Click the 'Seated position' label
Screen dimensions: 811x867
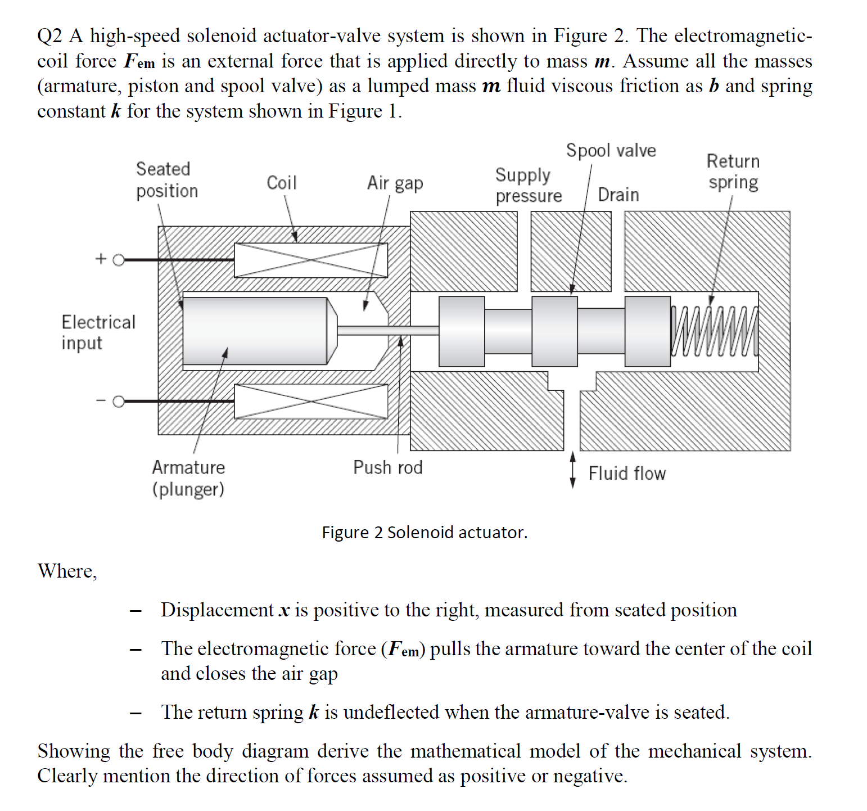(166, 180)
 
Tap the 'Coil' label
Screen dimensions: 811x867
(281, 183)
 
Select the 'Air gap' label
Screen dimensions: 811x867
(395, 183)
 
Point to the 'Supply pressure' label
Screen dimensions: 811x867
(528, 185)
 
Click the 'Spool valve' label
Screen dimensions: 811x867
(611, 151)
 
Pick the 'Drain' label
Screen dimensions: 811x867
(618, 195)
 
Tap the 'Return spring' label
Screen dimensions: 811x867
(733, 172)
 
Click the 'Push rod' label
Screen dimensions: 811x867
(387, 467)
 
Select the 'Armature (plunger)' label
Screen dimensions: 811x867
(188, 478)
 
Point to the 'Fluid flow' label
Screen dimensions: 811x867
(627, 474)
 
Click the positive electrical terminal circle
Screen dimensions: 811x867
(119, 260)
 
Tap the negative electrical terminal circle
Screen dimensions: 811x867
(119, 402)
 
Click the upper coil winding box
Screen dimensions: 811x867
(310, 260)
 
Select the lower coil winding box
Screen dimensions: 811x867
(310, 402)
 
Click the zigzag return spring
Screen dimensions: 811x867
(714, 332)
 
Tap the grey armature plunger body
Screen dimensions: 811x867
(256, 331)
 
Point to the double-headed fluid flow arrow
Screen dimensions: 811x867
(573, 470)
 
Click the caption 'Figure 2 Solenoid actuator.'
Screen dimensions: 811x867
(425, 532)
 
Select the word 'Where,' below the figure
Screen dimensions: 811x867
(67, 571)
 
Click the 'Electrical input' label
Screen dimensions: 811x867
(98, 332)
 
